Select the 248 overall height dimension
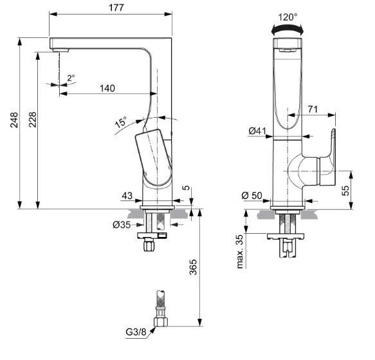(x=12, y=120)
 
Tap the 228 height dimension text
(x=31, y=120)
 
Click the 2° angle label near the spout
(x=71, y=77)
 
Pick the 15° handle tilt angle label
(x=121, y=120)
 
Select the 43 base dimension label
(x=128, y=194)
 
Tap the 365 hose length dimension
(x=194, y=266)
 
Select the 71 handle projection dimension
(x=311, y=110)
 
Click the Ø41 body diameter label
(x=257, y=132)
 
